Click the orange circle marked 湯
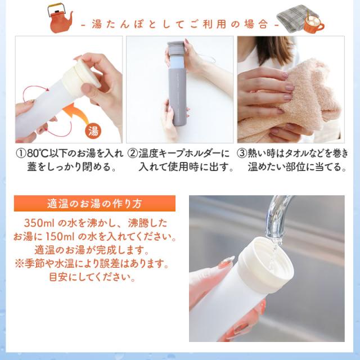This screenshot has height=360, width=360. (x=93, y=132)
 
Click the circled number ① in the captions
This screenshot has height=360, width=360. (x=21, y=154)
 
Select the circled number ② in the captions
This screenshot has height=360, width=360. (x=132, y=154)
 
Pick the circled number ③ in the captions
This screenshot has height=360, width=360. (x=242, y=154)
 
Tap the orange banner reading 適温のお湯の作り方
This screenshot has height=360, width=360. (x=94, y=204)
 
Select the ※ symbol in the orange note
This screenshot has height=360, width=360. (x=19, y=264)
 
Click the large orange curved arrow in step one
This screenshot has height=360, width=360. (x=76, y=112)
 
